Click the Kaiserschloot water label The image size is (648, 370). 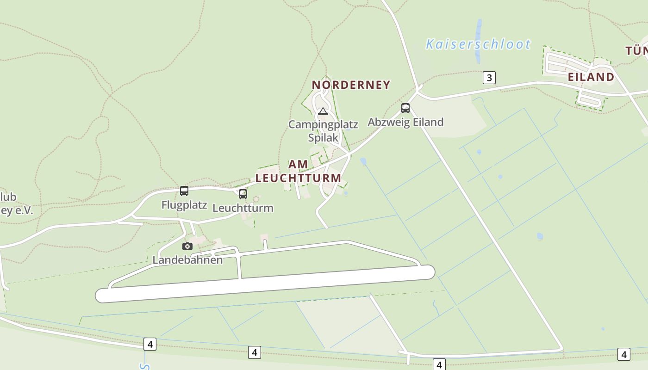[x=478, y=44]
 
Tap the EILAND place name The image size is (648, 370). [x=591, y=77]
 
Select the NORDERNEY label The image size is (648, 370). [x=351, y=85]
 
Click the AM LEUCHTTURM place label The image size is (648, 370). [x=299, y=171]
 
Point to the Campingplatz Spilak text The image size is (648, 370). [x=323, y=131]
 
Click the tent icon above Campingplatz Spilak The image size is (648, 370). [x=323, y=111]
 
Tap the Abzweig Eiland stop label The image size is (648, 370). [x=405, y=122]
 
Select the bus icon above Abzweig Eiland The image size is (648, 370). [x=405, y=108]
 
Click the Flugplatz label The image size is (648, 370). [x=184, y=205]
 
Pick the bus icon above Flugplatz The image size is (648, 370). [x=184, y=191]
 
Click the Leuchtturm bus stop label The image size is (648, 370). [x=243, y=208]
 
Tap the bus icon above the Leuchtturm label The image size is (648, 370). [x=243, y=194]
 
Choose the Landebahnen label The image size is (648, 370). [x=187, y=260]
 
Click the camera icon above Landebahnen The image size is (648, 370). [x=187, y=246]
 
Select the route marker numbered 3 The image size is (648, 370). [x=489, y=77]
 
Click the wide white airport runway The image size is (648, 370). [x=265, y=284]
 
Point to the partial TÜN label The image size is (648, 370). [x=636, y=51]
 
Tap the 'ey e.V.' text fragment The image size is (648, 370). [x=17, y=211]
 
